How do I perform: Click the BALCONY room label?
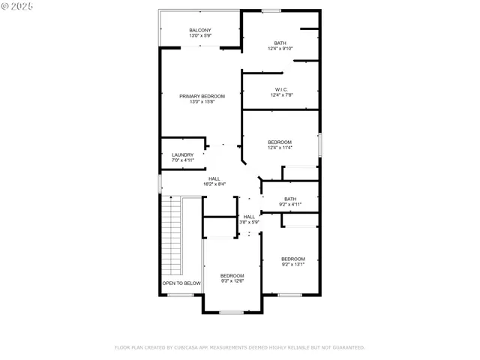click(200, 30)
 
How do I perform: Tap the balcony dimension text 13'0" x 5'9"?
click(200, 36)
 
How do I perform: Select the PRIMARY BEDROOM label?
click(202, 96)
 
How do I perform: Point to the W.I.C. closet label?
click(280, 89)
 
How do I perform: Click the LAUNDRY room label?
click(183, 154)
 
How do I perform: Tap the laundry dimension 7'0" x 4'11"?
click(183, 160)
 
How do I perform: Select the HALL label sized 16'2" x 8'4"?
click(214, 178)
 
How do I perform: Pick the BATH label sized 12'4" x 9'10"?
click(280, 43)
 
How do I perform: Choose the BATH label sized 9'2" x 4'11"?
click(290, 199)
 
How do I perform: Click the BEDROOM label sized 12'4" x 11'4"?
click(280, 142)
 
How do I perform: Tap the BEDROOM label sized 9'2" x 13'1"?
click(293, 259)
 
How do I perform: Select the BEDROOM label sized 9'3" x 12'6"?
click(232, 275)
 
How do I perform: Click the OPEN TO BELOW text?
click(182, 283)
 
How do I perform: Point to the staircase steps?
click(173, 236)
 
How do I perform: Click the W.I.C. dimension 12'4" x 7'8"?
click(280, 95)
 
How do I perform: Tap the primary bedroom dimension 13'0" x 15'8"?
click(202, 102)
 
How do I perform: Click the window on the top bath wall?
click(271, 10)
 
